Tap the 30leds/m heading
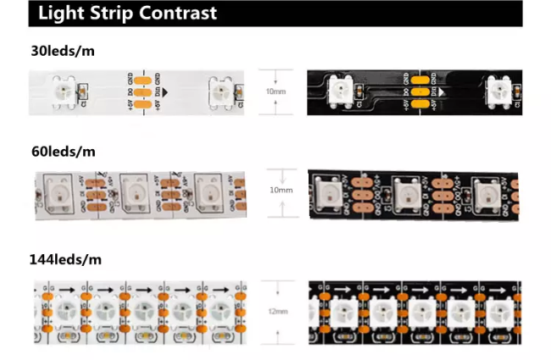click(x=61, y=51)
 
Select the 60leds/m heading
click(x=61, y=152)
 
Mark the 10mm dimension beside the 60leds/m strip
click(x=281, y=190)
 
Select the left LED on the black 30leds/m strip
click(x=342, y=91)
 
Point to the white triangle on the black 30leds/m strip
click(x=446, y=91)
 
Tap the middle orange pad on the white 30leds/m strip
click(x=142, y=91)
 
